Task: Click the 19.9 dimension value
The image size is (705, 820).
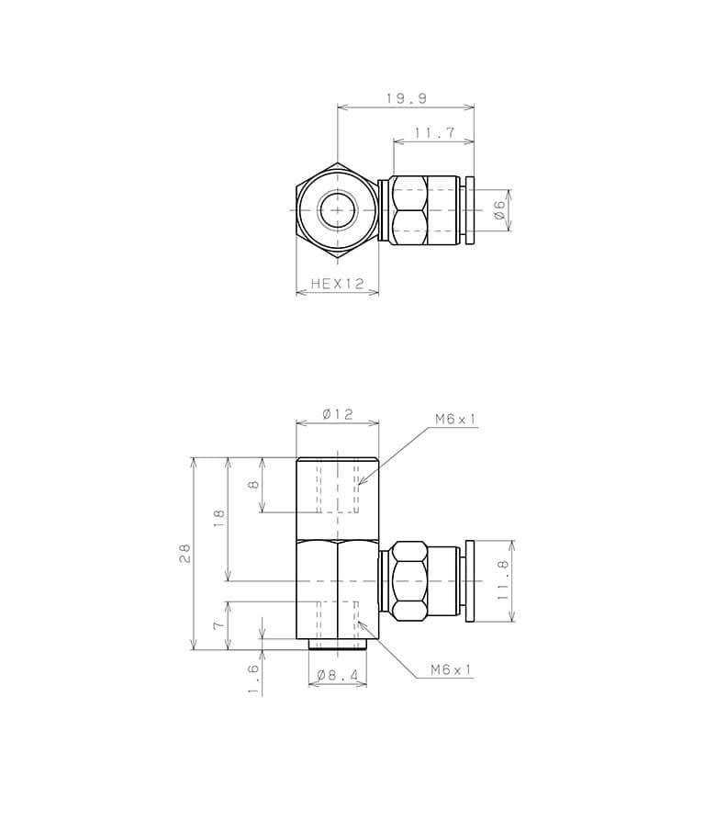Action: click(407, 98)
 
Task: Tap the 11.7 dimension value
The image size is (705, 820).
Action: click(435, 133)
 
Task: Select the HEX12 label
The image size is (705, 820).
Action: click(337, 284)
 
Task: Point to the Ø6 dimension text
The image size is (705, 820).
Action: click(499, 209)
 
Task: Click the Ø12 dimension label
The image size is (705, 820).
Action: click(338, 414)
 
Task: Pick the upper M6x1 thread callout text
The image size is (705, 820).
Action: click(455, 419)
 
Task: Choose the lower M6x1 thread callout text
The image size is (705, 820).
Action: click(451, 669)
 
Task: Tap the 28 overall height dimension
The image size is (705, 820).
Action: click(185, 554)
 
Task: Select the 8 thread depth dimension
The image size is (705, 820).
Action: click(253, 485)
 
